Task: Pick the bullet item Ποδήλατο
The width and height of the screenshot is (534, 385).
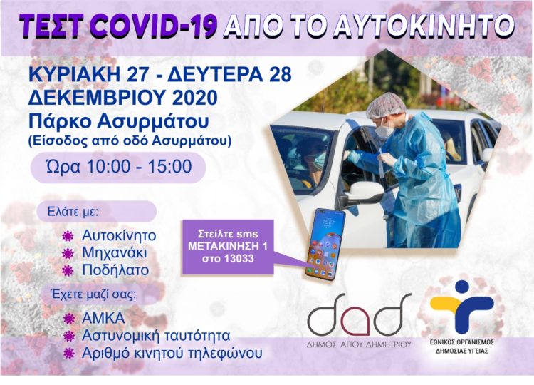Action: point(116,270)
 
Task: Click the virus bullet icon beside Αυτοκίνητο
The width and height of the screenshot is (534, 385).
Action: point(69,235)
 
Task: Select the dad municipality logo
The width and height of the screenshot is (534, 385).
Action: point(359,314)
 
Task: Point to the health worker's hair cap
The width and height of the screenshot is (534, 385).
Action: point(387,104)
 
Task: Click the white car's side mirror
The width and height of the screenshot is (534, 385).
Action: point(365,192)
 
